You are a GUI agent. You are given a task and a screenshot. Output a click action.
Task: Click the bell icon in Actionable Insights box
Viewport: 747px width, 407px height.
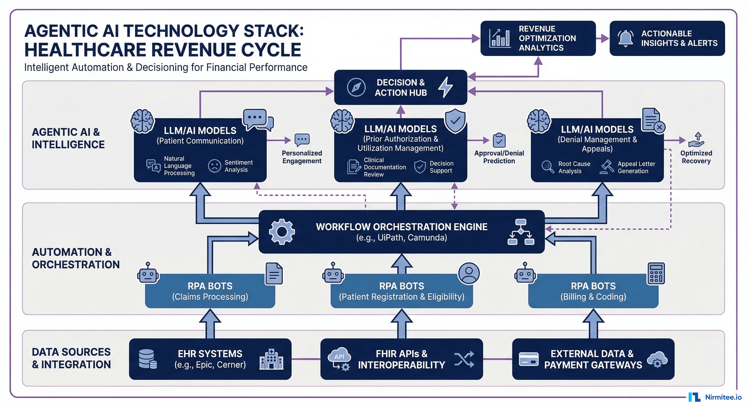click(626, 38)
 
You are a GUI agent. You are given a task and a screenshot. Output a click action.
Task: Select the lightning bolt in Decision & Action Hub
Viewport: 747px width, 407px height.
click(445, 87)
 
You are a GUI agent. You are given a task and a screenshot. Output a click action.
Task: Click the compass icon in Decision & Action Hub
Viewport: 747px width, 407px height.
click(356, 87)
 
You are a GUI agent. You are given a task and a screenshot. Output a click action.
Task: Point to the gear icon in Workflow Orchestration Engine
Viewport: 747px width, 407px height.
click(281, 232)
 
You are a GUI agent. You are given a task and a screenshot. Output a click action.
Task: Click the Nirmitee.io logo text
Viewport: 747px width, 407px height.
click(723, 397)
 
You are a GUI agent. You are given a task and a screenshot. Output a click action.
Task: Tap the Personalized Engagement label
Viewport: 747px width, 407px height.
click(302, 157)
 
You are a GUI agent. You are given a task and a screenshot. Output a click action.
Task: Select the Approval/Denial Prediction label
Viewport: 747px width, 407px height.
click(499, 157)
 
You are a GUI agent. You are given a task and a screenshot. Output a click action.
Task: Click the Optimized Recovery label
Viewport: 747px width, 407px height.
click(696, 157)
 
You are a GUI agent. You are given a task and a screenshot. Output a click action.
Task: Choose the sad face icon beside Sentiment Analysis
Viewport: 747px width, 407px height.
click(215, 166)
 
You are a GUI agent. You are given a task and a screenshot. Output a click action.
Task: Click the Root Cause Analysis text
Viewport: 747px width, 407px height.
click(574, 167)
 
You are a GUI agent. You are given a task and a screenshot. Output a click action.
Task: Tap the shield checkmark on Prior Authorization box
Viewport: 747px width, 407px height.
click(455, 121)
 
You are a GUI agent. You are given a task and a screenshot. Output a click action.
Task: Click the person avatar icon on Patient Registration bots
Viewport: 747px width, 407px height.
click(469, 273)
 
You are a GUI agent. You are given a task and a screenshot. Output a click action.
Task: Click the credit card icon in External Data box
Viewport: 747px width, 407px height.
click(528, 359)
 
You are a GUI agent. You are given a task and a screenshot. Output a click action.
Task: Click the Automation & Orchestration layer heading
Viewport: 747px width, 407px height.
click(75, 258)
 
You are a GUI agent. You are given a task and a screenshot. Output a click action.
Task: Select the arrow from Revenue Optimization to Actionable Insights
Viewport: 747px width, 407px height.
click(603, 38)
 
